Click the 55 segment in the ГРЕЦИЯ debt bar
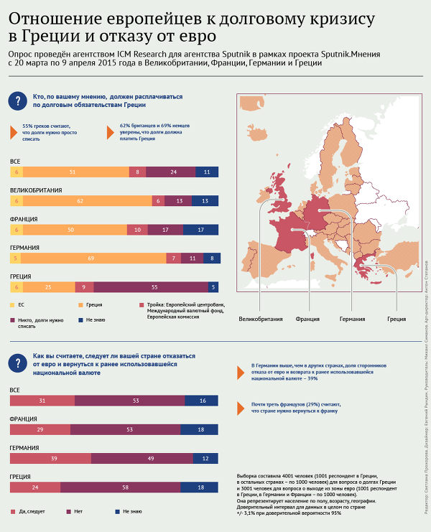coord(155,286)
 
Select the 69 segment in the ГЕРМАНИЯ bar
coord(91,258)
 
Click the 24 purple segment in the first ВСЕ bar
coord(173,172)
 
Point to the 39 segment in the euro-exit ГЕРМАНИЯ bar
coord(50,458)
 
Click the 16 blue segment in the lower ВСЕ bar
coord(203,401)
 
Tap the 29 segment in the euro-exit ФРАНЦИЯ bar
coord(40,429)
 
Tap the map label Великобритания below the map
coord(260,319)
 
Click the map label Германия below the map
coord(352,319)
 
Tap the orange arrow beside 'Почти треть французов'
coord(239,409)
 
